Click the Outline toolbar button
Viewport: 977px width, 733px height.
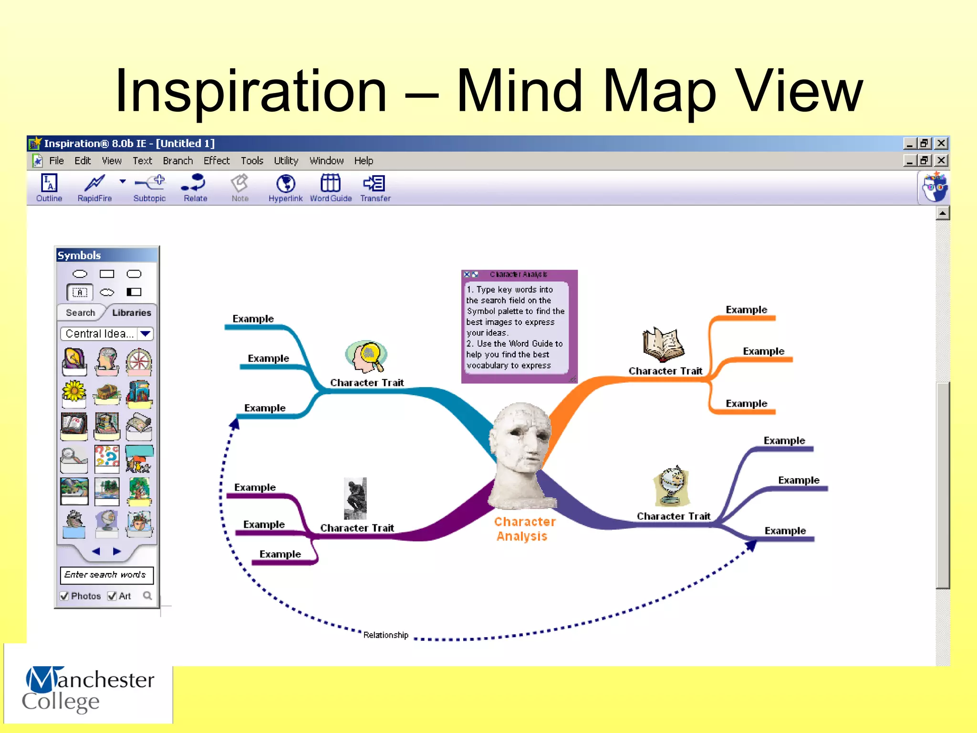pyautogui.click(x=49, y=188)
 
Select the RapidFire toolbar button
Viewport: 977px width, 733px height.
pyautogui.click(x=94, y=188)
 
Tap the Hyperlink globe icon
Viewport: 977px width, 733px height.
pyautogui.click(x=285, y=184)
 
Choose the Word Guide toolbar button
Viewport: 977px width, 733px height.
pyautogui.click(x=331, y=188)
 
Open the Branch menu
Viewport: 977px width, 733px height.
pyautogui.click(x=177, y=161)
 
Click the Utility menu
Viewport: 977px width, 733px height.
pyautogui.click(x=286, y=161)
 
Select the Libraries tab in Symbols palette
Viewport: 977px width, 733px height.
pyautogui.click(x=131, y=313)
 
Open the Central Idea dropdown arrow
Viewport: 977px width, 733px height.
pyautogui.click(x=146, y=334)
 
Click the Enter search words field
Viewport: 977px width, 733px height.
pyautogui.click(x=106, y=575)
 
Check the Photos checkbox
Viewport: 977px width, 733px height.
pyautogui.click(x=64, y=596)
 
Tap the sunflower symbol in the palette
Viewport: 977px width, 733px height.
pyautogui.click(x=74, y=392)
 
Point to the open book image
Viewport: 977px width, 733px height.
pyautogui.click(x=664, y=345)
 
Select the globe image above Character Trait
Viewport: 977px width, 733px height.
pyautogui.click(x=671, y=486)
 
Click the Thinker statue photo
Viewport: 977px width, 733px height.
pyautogui.click(x=355, y=498)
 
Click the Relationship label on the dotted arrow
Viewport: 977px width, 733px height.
pyautogui.click(x=385, y=635)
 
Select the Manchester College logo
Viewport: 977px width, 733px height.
pyautogui.click(x=88, y=689)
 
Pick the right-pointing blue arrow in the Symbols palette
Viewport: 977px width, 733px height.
pyautogui.click(x=117, y=552)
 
